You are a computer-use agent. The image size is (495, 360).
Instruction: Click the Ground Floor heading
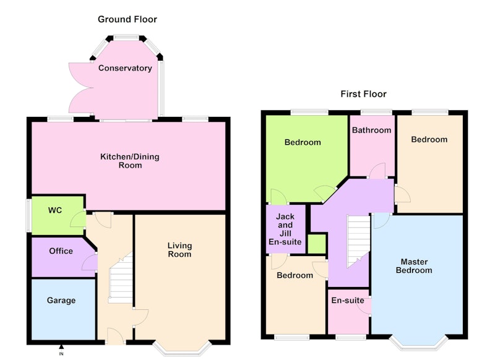pos(127,19)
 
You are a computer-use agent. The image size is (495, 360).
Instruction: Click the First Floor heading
pos(363,94)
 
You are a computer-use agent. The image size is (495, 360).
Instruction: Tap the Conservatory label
pos(125,68)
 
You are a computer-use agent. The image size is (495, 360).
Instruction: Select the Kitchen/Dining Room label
pos(130,161)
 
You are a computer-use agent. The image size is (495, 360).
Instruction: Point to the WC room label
pos(55,210)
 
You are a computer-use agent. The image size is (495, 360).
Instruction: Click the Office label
pos(61,251)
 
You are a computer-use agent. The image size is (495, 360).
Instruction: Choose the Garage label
pos(61,301)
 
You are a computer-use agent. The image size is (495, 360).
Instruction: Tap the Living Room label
pos(179,250)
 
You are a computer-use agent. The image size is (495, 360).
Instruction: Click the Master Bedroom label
pos(414,266)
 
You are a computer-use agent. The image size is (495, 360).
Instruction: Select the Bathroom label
pos(372,131)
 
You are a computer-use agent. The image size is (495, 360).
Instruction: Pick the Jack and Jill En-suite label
pos(285,229)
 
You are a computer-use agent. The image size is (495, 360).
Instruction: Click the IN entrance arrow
pos(61,347)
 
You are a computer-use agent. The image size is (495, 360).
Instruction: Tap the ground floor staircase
pos(121,277)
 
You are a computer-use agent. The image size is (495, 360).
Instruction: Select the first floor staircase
pos(359,241)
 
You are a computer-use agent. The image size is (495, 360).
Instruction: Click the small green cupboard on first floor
pos(317,244)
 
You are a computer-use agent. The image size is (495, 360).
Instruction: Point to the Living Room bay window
pos(182,349)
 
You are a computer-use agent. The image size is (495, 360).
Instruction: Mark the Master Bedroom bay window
pos(419,344)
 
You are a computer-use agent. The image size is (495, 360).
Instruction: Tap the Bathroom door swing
pos(377,171)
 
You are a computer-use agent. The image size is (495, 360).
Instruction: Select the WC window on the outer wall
pos(28,215)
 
